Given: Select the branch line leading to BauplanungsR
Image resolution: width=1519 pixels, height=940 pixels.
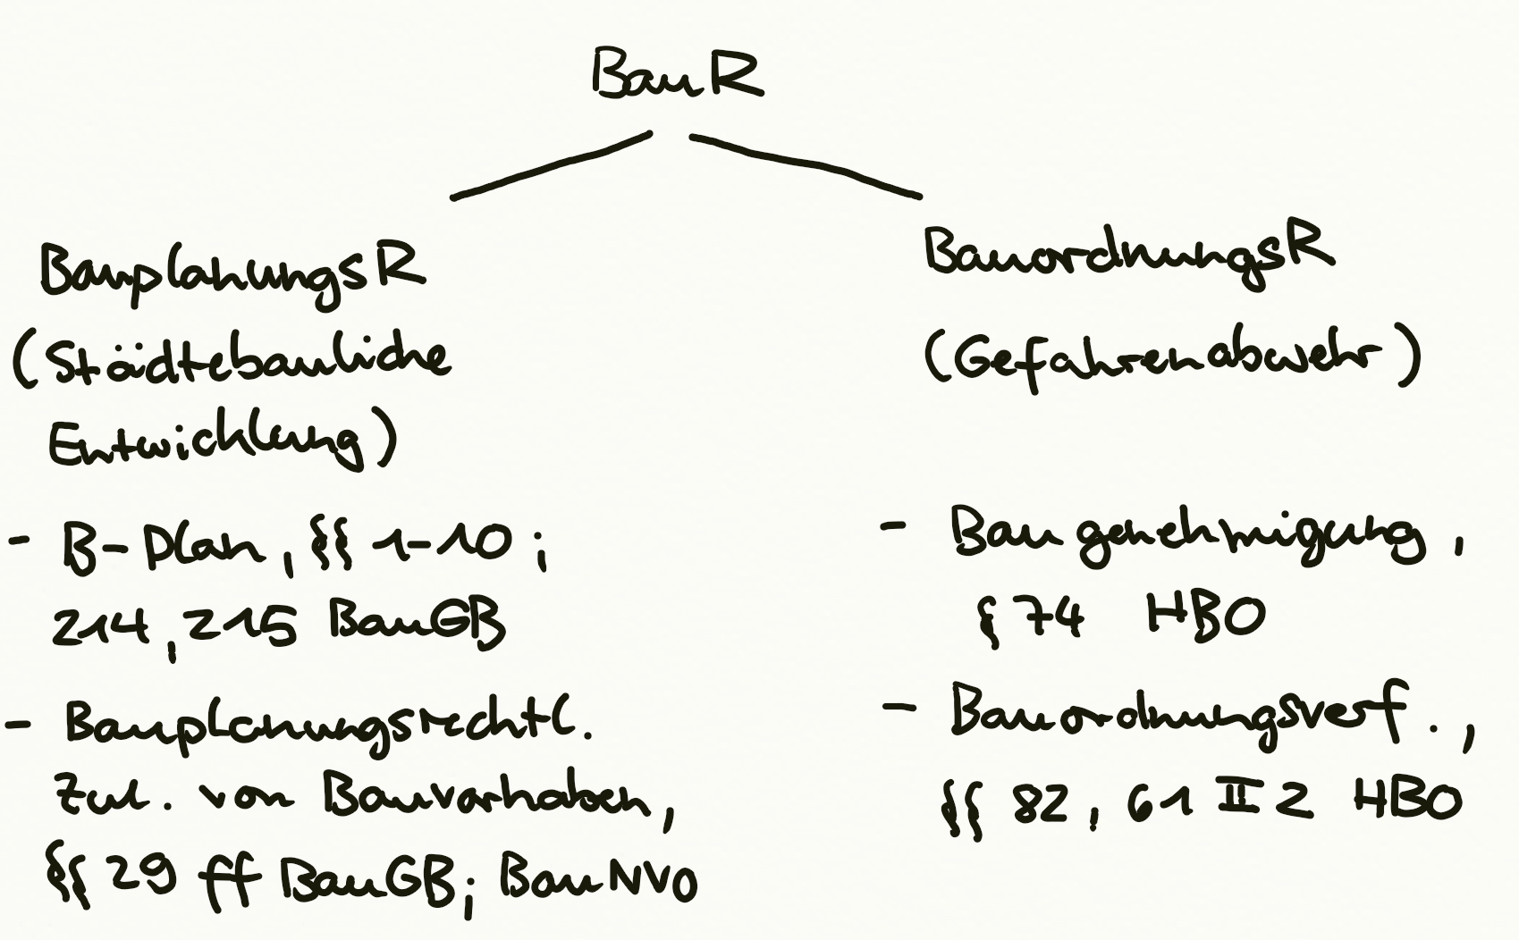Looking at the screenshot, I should coord(551,166).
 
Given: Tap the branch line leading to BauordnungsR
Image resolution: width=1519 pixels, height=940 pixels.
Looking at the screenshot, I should coord(805,164).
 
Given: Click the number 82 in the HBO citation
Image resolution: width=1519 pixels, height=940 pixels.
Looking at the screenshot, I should coord(1040,803).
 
